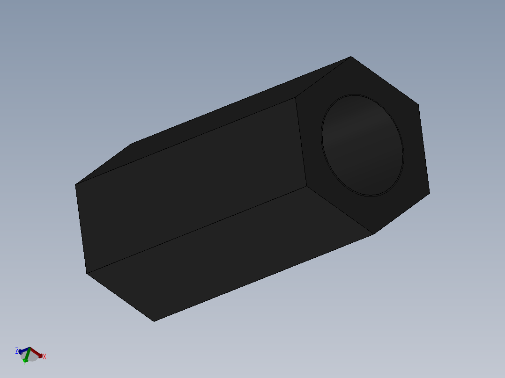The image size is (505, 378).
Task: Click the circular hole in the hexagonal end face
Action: click(x=362, y=145)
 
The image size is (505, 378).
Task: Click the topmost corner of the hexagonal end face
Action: click(x=351, y=57)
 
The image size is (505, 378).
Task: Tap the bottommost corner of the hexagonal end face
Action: click(x=373, y=234)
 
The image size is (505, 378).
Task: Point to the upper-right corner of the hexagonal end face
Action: click(x=418, y=104)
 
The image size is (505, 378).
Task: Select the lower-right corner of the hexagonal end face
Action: click(x=430, y=192)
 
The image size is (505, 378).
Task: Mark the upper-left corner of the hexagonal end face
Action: click(x=295, y=97)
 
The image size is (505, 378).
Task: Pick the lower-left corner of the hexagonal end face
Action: click(x=307, y=186)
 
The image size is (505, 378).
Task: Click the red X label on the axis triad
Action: click(x=45, y=356)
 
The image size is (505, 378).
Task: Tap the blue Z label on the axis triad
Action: click(x=17, y=350)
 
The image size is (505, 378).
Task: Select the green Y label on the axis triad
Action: click(x=24, y=362)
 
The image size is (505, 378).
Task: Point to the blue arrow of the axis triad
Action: click(x=23, y=350)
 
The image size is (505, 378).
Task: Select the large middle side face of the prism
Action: click(x=192, y=185)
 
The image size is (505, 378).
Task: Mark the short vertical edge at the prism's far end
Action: click(x=81, y=229)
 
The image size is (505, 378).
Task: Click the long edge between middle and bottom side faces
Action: click(x=197, y=230)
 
